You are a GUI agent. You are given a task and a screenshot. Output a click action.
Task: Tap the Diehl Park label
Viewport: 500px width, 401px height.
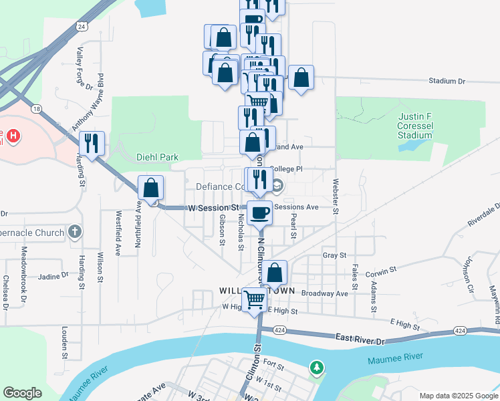157,158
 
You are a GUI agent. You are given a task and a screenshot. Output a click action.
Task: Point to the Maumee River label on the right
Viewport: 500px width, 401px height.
394,362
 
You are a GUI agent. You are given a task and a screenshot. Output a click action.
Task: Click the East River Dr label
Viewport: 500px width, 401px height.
361,340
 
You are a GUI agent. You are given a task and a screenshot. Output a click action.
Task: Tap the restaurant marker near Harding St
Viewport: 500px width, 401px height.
90,142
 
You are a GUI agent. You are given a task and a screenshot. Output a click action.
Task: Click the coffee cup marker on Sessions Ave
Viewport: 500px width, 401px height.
259,213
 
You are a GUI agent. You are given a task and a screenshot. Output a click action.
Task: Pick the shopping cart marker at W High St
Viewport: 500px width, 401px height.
254,299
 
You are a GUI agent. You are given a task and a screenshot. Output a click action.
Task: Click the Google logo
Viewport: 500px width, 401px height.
22,393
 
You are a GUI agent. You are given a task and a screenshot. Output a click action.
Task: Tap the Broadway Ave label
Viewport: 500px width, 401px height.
325,293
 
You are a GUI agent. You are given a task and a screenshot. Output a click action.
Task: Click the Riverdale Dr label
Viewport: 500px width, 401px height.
484,215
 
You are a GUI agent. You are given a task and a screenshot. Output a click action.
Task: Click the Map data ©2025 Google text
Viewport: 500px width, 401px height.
458,396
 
